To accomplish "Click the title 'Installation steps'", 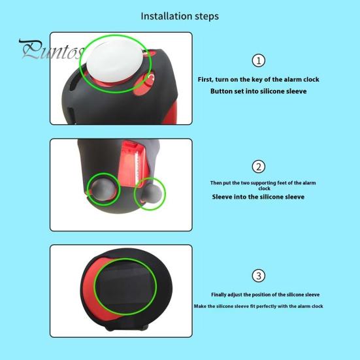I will [x=180, y=15].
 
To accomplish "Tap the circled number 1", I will [x=258, y=61].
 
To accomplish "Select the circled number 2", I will [x=259, y=167].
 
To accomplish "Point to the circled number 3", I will [x=259, y=275].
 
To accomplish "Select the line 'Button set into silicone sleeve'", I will [x=258, y=91].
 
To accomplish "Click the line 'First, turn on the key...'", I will [x=258, y=79].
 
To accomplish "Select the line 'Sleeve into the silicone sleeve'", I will [x=258, y=196].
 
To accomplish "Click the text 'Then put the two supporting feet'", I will [x=258, y=182].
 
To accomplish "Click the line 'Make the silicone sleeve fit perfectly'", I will [x=258, y=306].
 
